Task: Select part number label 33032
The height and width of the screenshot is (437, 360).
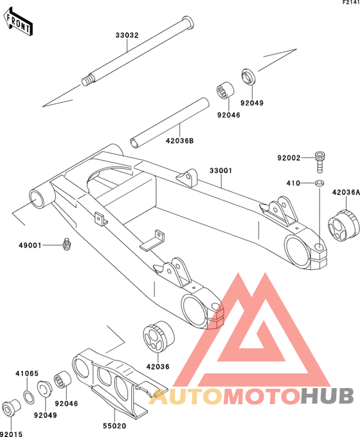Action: click(x=127, y=35)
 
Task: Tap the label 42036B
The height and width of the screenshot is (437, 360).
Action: click(x=179, y=141)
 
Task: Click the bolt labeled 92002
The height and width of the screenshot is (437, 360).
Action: click(x=320, y=162)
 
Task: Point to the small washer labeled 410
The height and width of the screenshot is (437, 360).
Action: click(x=319, y=183)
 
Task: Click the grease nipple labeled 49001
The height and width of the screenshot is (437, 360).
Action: click(x=66, y=244)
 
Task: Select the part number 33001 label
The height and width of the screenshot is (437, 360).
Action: click(x=221, y=170)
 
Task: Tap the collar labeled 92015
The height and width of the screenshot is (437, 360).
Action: click(x=11, y=407)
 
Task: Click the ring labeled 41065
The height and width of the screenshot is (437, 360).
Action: click(x=28, y=398)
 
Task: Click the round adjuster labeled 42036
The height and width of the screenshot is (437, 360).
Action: click(x=158, y=335)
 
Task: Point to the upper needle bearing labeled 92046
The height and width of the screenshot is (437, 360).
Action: click(x=225, y=90)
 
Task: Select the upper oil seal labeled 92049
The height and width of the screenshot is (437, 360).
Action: click(x=248, y=76)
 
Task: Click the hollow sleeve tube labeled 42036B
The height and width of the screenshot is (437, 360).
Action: click(x=170, y=123)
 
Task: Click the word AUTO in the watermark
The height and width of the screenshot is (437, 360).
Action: click(x=186, y=396)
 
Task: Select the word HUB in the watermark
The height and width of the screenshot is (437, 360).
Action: click(x=327, y=396)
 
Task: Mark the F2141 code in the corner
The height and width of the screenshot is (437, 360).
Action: click(x=351, y=3)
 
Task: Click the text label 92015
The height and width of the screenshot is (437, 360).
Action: click(x=12, y=434)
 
